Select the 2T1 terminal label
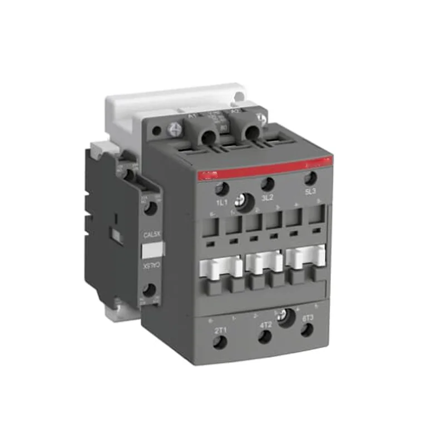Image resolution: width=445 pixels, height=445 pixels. [220, 330]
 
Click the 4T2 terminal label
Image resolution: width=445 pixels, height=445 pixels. [266, 325]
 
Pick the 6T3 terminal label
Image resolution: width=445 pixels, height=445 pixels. [308, 318]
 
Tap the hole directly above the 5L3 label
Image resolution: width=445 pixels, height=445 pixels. [311, 179]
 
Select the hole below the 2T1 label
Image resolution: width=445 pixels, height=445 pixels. [220, 343]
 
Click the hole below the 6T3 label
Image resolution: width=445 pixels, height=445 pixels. [306, 330]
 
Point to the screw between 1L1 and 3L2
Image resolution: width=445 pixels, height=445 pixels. [243, 199]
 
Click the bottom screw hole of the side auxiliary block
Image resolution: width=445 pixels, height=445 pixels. [149, 290]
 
